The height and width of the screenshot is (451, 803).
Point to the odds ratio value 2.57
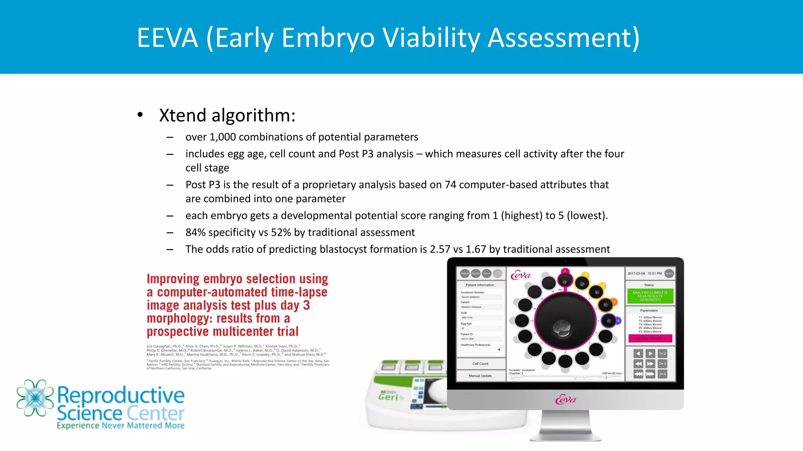[x=440, y=249]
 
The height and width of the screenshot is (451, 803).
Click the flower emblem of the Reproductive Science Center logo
[x=35, y=397]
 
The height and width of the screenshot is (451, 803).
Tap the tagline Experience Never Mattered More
[x=120, y=426]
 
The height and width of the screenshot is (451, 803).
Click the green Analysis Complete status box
[x=650, y=296]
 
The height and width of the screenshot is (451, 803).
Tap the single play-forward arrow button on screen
[x=650, y=354]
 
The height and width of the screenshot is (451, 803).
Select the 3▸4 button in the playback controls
[x=662, y=374]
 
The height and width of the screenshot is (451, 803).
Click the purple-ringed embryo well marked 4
[x=609, y=321]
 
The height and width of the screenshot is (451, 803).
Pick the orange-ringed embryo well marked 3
[x=606, y=304]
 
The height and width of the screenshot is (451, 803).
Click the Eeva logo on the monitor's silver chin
[x=565, y=400]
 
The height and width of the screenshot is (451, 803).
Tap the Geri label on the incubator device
[x=388, y=397]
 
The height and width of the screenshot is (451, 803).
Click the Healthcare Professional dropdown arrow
[x=499, y=350]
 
